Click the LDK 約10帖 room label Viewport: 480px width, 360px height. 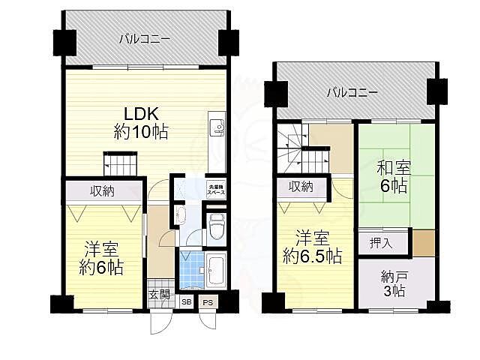click(140, 123)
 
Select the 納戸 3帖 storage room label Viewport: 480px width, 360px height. click(393, 284)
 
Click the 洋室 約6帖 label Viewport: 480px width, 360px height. click(103, 257)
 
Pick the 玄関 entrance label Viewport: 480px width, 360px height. click(158, 294)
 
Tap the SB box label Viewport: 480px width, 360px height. click(186, 302)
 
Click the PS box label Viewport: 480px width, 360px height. click(208, 302)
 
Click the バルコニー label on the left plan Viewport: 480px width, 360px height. click(144, 37)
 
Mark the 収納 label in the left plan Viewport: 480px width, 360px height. click(103, 191)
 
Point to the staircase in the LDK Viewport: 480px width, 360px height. click(121, 163)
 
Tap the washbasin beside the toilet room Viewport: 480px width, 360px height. click(179, 217)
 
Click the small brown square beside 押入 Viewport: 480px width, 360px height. click(424, 243)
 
